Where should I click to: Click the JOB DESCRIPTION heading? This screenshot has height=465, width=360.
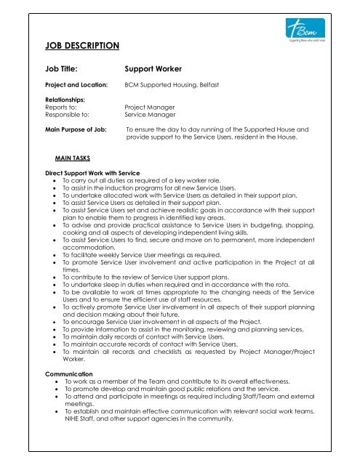[82, 46]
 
